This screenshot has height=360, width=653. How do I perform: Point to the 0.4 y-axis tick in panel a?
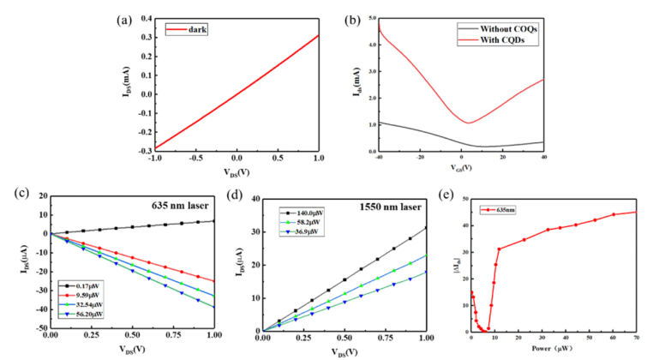point(144,16)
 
